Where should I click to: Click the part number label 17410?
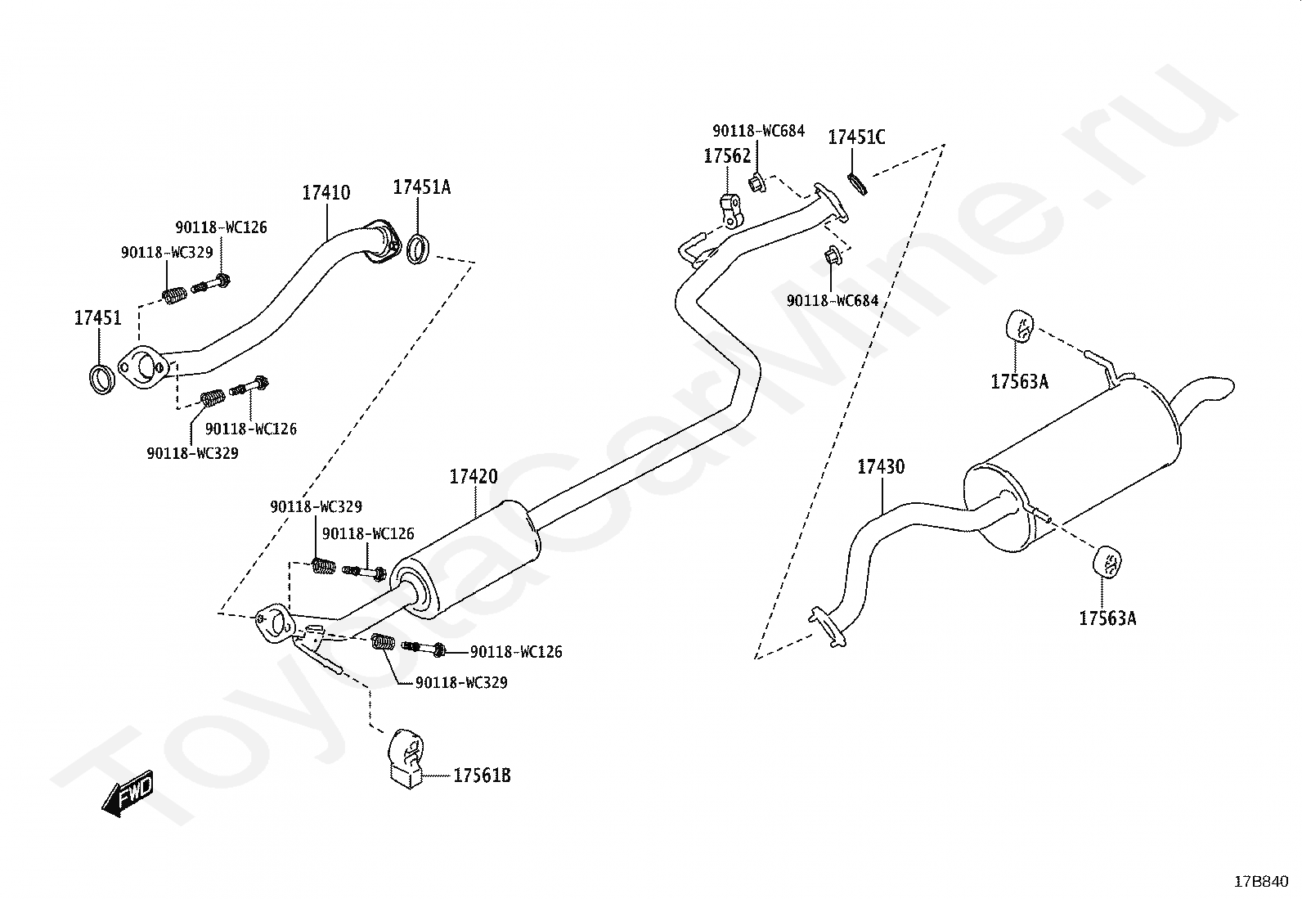(x=325, y=193)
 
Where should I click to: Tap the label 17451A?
(x=421, y=187)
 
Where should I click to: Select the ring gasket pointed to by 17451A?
(x=418, y=249)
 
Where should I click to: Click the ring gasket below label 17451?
(x=101, y=380)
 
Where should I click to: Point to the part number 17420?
(x=473, y=477)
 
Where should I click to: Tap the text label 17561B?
(x=482, y=775)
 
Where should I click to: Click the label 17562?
(x=727, y=156)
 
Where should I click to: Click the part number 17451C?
(x=856, y=137)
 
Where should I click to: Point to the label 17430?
(x=881, y=467)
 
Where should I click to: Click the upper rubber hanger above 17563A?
(x=1018, y=325)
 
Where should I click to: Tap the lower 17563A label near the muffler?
(x=1107, y=618)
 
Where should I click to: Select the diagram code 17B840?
(x=1261, y=882)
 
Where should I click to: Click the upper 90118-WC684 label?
(x=758, y=131)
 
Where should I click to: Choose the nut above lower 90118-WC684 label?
(x=832, y=256)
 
